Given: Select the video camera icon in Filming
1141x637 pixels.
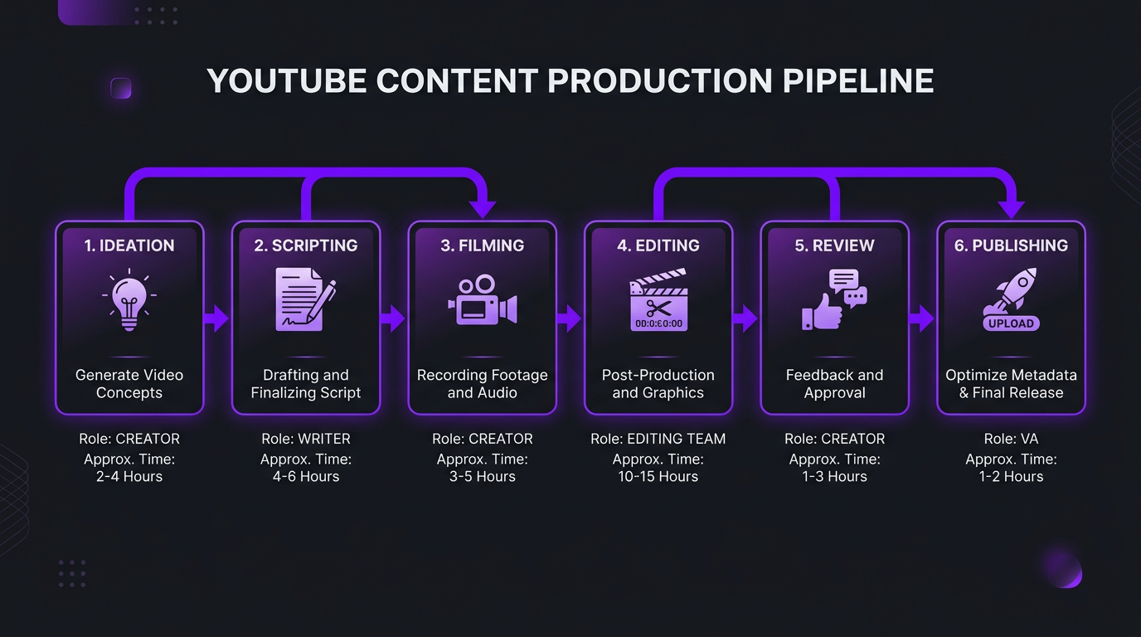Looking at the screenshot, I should click(482, 301).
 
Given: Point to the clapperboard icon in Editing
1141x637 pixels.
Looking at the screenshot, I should click(658, 300).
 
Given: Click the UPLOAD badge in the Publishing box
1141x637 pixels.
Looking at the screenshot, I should click(1011, 323).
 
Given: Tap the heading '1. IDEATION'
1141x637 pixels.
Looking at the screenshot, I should click(129, 246).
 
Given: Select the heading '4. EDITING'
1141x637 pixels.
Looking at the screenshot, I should click(658, 246).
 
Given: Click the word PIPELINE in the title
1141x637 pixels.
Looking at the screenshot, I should click(858, 81).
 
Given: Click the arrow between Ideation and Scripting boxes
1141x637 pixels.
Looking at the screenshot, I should click(217, 318).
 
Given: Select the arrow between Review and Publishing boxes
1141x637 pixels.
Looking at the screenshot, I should click(922, 318).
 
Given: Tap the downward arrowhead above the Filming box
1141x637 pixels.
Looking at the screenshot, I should click(482, 209).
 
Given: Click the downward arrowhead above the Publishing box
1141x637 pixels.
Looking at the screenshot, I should click(1011, 209).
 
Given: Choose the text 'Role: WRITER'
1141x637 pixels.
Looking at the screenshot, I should click(306, 439).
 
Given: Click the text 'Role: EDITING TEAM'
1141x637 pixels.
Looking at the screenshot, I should click(658, 439).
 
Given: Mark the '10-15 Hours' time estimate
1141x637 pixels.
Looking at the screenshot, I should click(658, 477).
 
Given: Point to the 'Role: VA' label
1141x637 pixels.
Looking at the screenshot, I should click(1011, 439).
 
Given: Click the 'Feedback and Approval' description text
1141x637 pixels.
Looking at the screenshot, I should click(834, 384).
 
